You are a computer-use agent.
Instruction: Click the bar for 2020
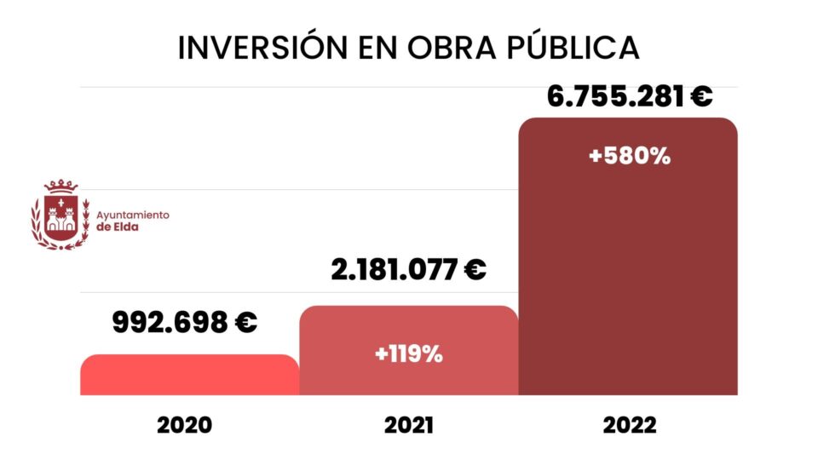189,375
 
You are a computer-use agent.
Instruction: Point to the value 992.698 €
184,323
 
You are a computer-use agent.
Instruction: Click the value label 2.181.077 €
408,271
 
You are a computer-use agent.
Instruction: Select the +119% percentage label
408,354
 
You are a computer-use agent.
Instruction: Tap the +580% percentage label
630,157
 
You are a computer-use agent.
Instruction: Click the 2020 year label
184,425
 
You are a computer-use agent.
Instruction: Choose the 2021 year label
406,425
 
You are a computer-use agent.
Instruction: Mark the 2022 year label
630,425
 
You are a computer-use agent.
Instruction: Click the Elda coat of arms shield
60,217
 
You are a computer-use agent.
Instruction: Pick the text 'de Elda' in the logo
117,227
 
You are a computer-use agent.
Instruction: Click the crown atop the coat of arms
60,186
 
